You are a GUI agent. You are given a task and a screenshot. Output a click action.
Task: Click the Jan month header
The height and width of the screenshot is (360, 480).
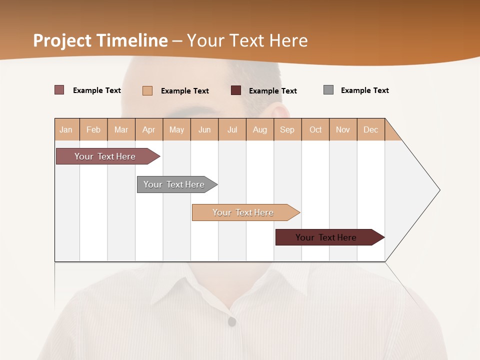tap(66, 129)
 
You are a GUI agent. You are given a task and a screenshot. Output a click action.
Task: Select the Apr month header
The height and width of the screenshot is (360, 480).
tap(149, 129)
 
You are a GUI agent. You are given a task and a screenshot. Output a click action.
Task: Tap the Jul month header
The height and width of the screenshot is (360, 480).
tap(232, 129)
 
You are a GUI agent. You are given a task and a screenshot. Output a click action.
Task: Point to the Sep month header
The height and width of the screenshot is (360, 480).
tap(287, 129)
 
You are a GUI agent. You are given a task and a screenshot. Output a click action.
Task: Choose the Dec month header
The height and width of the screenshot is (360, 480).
tap(370, 129)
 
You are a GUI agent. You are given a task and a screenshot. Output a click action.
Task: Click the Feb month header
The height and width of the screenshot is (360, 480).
tap(93, 129)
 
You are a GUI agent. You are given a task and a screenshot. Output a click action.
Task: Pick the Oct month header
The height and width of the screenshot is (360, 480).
tap(315, 129)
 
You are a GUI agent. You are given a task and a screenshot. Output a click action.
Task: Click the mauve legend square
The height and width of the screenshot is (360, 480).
tap(59, 90)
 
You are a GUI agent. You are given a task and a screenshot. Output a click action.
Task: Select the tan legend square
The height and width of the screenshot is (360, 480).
tap(147, 90)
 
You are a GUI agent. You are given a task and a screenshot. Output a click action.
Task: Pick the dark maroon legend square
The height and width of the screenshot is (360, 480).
tap(236, 90)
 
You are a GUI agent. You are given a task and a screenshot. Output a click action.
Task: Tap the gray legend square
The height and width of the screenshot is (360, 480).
tap(328, 90)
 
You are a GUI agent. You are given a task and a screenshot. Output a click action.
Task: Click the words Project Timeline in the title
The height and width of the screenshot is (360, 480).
tap(100, 40)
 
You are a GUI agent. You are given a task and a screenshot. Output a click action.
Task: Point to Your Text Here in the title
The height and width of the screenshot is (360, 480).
tap(247, 40)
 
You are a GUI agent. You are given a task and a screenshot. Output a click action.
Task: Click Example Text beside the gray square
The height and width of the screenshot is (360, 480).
tap(364, 90)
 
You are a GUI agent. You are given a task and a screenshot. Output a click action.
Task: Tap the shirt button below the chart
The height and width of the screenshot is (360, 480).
tap(231, 321)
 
